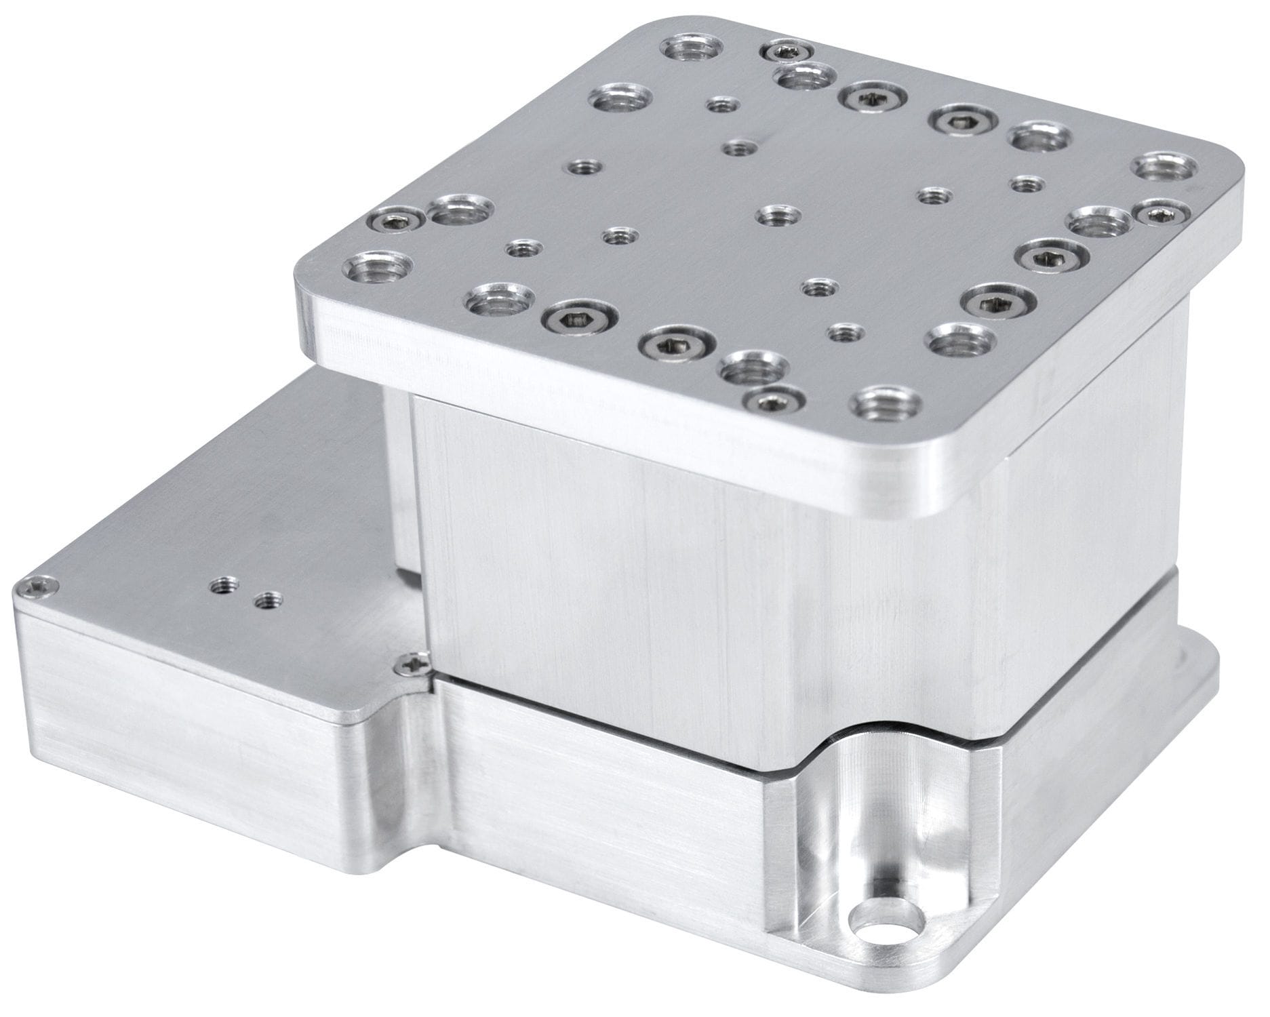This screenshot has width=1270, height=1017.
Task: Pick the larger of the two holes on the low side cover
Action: [221, 584]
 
